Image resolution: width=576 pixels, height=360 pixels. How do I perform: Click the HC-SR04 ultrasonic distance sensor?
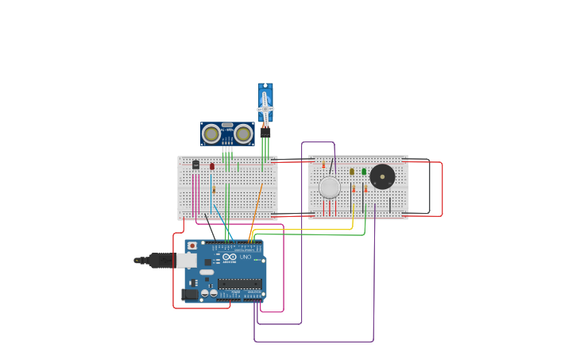(x=227, y=134)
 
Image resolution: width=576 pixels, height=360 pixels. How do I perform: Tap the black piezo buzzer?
(x=382, y=176)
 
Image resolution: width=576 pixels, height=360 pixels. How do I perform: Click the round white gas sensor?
(x=330, y=188)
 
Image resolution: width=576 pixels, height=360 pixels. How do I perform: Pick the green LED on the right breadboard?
(x=364, y=171)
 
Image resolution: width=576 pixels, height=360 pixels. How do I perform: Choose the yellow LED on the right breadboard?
(x=352, y=171)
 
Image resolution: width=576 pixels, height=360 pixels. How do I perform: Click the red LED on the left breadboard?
(x=212, y=166)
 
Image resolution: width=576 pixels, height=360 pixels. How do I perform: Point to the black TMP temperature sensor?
(x=196, y=165)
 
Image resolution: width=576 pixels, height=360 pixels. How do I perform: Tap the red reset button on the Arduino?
(x=192, y=246)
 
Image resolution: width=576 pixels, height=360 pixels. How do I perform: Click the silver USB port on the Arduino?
(x=187, y=261)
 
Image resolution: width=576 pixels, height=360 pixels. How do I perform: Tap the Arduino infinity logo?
(x=230, y=257)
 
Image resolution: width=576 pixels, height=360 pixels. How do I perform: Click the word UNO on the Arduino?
(x=245, y=257)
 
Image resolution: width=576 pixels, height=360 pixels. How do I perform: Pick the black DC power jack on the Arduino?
(x=190, y=294)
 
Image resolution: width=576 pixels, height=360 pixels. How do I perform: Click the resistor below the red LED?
(x=214, y=190)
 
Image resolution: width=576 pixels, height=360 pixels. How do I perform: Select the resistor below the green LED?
(x=365, y=189)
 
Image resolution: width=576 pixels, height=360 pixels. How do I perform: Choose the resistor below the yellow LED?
(x=354, y=189)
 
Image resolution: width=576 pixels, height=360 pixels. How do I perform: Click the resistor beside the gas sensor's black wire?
(x=323, y=165)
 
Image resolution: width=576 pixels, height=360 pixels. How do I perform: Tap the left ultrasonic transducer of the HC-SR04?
(x=211, y=134)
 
